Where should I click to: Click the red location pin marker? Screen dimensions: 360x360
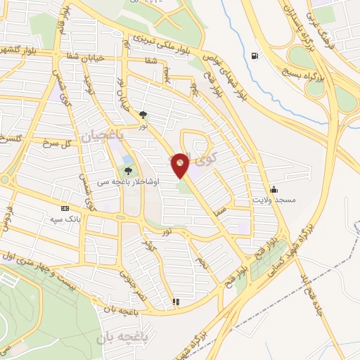tap(180, 165)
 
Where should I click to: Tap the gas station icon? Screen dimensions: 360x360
tap(254, 56)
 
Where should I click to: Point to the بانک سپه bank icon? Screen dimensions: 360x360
tap(66, 208)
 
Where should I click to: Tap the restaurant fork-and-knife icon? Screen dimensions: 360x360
tap(176, 302)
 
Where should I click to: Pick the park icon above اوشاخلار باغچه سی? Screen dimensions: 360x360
tap(128, 170)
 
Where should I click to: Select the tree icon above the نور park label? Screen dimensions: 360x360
tap(143, 113)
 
